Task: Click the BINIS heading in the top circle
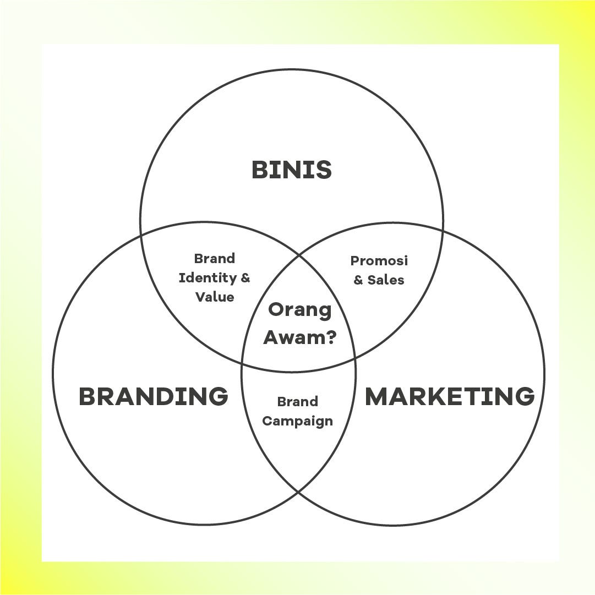[292, 170]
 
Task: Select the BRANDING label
[154, 396]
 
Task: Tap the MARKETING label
[450, 396]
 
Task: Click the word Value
[215, 297]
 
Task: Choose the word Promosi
[379, 261]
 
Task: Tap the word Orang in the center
[299, 310]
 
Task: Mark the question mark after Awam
[330, 337]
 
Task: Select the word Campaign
[297, 422]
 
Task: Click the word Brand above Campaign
[297, 402]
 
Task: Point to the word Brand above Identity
[215, 259]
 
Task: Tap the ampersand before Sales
[358, 281]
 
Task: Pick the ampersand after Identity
[245, 278]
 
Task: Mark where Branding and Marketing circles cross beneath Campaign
[298, 492]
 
